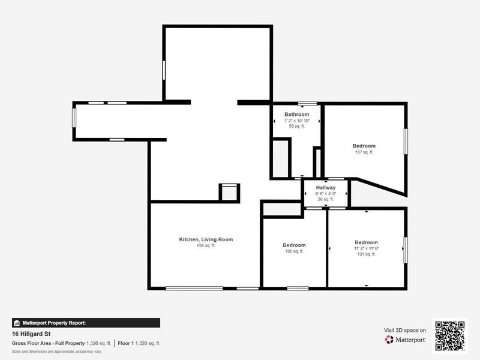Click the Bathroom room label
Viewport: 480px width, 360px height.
(x=296, y=114)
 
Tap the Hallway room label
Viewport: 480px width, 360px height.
(x=325, y=188)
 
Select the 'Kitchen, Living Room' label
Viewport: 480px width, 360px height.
(x=206, y=239)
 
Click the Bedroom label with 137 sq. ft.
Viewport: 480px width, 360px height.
(x=364, y=146)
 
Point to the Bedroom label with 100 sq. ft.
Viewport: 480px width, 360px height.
(x=294, y=245)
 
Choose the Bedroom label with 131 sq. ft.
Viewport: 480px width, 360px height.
(x=366, y=242)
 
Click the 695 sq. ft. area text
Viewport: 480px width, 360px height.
(x=206, y=246)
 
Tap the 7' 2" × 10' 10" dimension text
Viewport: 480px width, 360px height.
(x=296, y=121)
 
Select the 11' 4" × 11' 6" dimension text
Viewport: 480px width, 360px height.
(x=366, y=248)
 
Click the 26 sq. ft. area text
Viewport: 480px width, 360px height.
(x=325, y=199)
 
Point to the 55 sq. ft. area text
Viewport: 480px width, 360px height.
(x=296, y=127)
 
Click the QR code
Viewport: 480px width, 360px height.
(x=450, y=335)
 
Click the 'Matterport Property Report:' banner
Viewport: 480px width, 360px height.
(x=86, y=323)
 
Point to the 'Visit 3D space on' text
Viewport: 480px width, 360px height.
(x=405, y=330)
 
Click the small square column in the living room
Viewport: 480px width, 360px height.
(x=229, y=193)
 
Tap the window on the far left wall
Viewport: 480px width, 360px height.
(x=74, y=116)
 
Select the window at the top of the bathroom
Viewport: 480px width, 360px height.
(x=308, y=103)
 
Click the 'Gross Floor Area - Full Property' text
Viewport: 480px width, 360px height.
(x=48, y=343)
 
